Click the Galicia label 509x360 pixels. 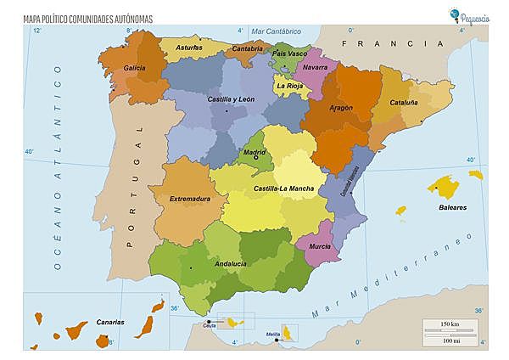[134, 67]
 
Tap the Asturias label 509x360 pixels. [188, 48]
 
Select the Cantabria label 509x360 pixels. [247, 49]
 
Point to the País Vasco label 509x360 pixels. [290, 53]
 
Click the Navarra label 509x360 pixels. [315, 67]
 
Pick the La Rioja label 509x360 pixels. [289, 86]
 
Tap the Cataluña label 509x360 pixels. [403, 102]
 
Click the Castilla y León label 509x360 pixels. [231, 99]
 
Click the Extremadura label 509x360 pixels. [189, 200]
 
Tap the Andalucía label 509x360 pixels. [231, 264]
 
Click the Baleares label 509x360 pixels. [452, 207]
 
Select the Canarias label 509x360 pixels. [110, 323]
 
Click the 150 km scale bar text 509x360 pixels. [450, 325]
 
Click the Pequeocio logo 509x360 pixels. [476, 14]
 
